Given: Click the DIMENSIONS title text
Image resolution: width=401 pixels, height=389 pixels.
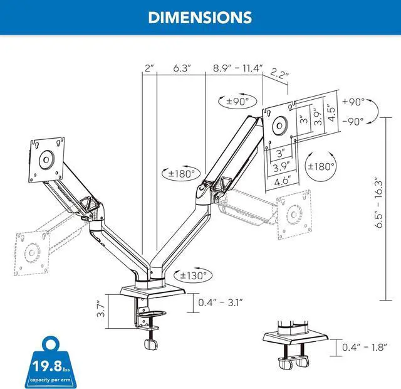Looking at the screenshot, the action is (x=200, y=18).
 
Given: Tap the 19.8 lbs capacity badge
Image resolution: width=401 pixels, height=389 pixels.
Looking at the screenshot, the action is (x=50, y=363).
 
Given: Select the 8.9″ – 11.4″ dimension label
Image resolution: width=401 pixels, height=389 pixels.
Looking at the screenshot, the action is (x=238, y=68).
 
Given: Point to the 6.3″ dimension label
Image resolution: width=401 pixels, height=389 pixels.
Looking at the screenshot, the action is (x=182, y=68).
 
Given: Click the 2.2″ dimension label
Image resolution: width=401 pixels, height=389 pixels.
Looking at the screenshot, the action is (x=279, y=74).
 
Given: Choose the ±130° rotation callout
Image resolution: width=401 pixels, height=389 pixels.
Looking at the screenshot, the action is (x=193, y=276).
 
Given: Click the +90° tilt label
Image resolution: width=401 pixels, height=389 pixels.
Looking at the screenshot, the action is (x=353, y=102).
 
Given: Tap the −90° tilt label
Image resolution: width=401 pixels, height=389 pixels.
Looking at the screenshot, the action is (x=353, y=121).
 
